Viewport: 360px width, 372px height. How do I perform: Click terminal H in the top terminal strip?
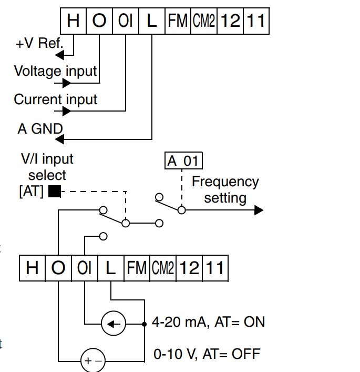73,21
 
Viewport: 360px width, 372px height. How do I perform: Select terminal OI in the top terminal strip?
126,21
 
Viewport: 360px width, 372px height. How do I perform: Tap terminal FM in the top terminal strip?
178,21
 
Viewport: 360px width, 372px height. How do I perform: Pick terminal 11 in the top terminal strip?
256,21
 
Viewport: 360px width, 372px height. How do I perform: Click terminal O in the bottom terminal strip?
58,268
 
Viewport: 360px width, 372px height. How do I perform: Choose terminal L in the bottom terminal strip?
111,268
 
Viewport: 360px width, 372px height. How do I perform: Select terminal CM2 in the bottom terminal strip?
163,268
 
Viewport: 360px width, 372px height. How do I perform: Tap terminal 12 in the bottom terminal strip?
189,268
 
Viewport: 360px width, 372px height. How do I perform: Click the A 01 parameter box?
183,160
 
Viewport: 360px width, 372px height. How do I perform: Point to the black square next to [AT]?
55,191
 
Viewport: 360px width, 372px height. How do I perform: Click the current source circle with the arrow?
114,324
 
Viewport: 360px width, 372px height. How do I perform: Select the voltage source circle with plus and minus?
93,360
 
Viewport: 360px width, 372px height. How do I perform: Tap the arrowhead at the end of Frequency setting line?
259,210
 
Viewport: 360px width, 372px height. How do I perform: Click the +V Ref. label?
39,43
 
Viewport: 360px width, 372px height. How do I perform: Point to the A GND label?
40,129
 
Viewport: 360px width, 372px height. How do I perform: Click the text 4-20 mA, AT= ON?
208,322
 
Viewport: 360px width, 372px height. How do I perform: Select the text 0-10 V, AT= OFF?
207,354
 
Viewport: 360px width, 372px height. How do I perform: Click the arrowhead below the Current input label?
67,111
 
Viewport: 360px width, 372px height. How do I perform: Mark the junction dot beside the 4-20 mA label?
145,324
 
